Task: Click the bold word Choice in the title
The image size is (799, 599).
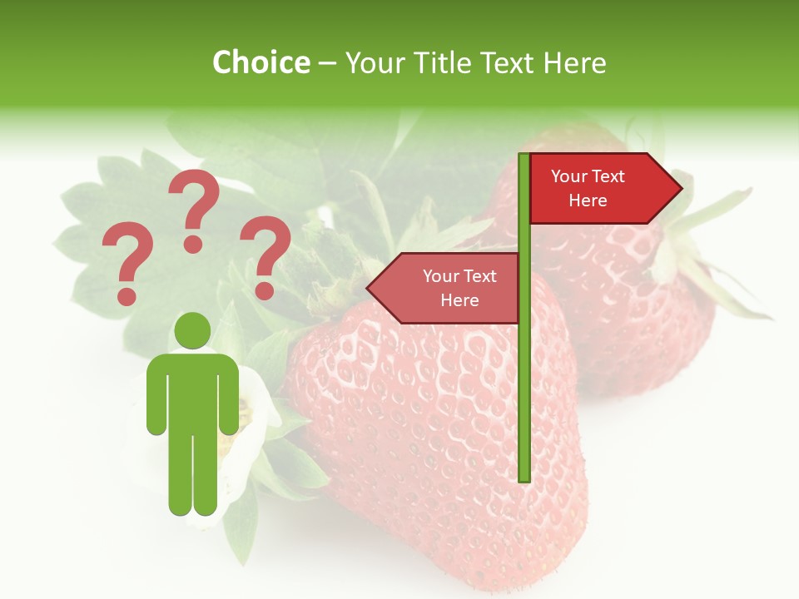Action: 261,62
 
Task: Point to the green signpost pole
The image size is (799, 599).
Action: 524,374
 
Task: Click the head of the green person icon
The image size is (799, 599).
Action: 193,330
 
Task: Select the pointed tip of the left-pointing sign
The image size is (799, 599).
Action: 370,289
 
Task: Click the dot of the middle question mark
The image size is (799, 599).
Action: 193,243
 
